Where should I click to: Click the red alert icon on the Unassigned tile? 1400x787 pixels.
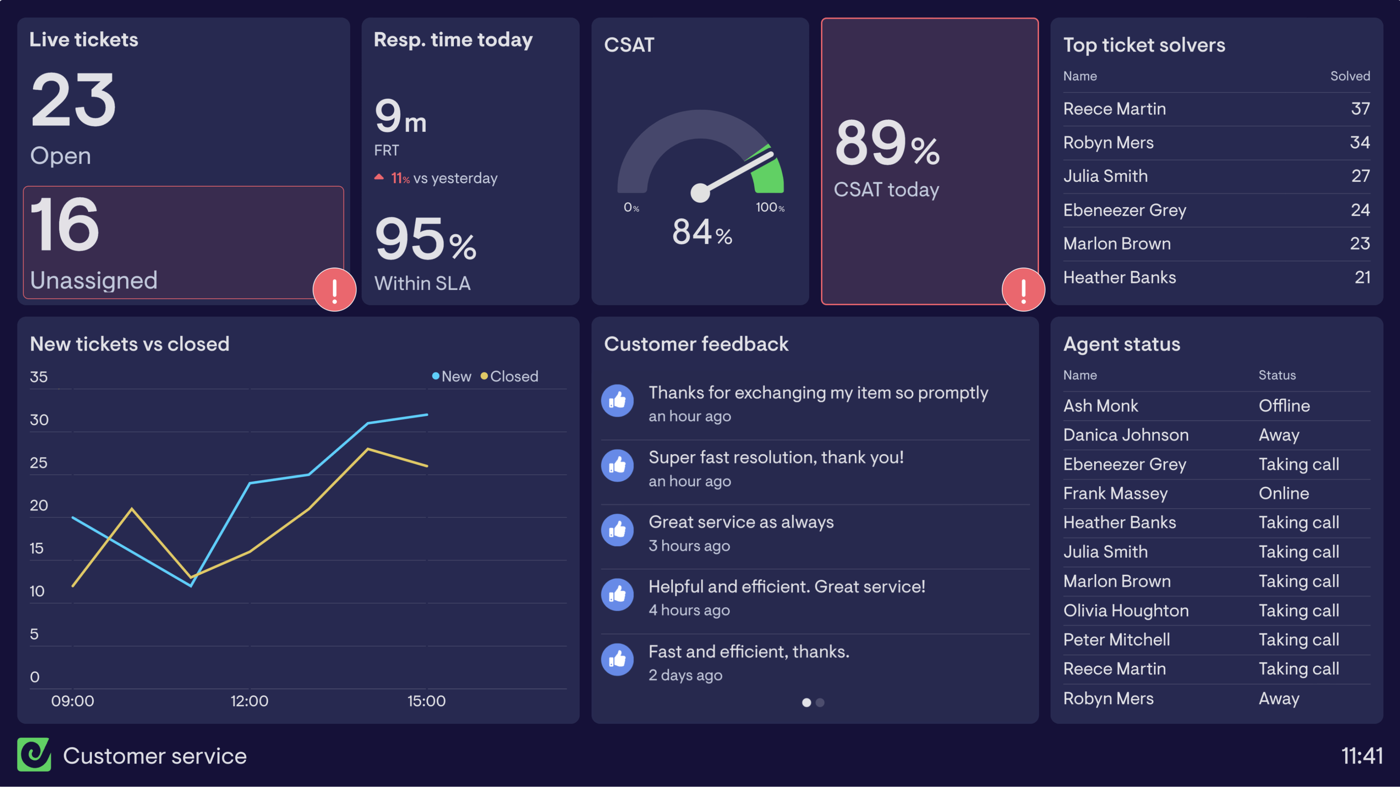334,290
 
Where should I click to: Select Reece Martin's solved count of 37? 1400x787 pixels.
1360,109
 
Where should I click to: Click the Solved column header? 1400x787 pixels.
1350,76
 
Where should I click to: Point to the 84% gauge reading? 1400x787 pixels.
701,232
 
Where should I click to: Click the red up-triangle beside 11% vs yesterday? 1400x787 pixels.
379,177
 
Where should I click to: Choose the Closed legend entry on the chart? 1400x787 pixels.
509,376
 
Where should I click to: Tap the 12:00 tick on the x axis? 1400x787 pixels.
249,701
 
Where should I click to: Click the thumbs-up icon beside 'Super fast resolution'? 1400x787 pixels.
617,465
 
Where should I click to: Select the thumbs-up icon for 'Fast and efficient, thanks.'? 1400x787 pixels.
617,660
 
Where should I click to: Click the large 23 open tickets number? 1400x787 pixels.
73,100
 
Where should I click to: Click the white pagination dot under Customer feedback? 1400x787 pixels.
806,703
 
